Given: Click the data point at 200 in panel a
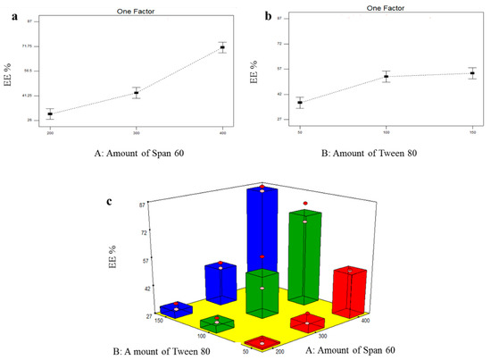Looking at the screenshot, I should [50, 113].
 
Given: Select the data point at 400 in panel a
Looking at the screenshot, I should [223, 47].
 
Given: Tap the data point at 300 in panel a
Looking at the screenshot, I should [137, 93].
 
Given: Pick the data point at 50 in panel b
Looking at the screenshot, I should [300, 103].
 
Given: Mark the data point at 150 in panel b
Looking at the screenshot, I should [472, 73].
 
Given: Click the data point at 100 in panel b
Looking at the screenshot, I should [386, 77].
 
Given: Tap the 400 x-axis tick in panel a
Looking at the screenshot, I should [223, 130].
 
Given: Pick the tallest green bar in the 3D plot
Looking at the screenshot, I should [304, 259].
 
